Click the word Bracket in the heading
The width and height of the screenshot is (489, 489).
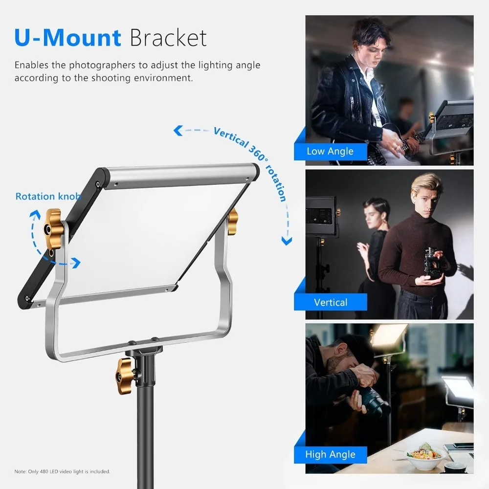coord(168,38)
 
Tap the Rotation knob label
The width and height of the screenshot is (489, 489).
coord(48,196)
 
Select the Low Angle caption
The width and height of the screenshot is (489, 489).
coord(330,151)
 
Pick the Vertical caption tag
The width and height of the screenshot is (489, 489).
coord(331,302)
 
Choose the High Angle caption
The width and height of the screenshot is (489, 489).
coord(330,454)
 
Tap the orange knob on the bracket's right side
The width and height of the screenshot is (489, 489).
coord(233,214)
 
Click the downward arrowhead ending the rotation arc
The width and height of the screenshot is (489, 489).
coord(287,241)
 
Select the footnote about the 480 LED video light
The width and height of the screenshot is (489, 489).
coord(62,471)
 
